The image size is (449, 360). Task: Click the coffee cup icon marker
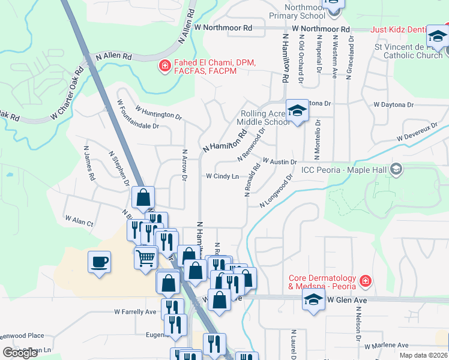[99, 262]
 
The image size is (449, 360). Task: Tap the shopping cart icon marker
[145, 258]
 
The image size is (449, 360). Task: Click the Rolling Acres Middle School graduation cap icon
[297, 110]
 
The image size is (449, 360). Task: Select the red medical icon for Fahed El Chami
[163, 66]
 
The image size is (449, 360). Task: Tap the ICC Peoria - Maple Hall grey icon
[396, 170]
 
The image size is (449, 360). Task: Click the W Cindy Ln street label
[222, 176]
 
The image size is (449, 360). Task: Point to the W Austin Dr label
[280, 162]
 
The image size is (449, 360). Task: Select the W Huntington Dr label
[158, 112]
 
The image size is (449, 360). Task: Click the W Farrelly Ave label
[135, 312]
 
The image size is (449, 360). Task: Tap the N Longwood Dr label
[276, 191]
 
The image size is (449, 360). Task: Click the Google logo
[20, 353]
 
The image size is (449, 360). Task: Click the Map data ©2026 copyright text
[423, 355]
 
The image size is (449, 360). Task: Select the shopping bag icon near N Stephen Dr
[143, 197]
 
